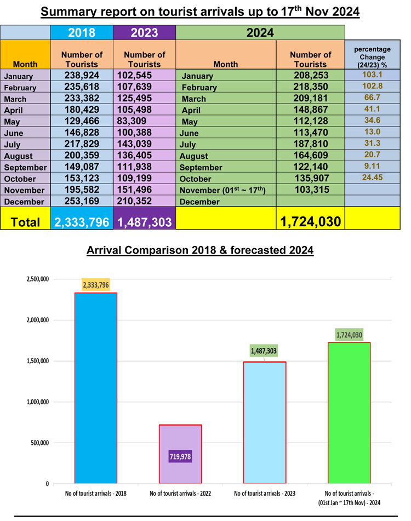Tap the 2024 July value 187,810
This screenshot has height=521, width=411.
(x=310, y=145)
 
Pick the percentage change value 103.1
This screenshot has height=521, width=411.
(x=372, y=75)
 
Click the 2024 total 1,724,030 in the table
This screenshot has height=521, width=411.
(x=310, y=222)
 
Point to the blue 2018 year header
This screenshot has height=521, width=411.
(x=82, y=32)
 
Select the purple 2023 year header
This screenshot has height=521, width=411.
(x=144, y=32)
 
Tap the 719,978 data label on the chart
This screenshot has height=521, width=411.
(x=180, y=455)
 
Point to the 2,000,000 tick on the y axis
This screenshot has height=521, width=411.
(x=37, y=320)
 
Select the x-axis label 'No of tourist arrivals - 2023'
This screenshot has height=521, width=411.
(x=265, y=493)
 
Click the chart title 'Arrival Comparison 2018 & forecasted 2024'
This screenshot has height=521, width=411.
(x=200, y=251)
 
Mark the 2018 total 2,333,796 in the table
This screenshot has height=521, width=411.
(x=82, y=222)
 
